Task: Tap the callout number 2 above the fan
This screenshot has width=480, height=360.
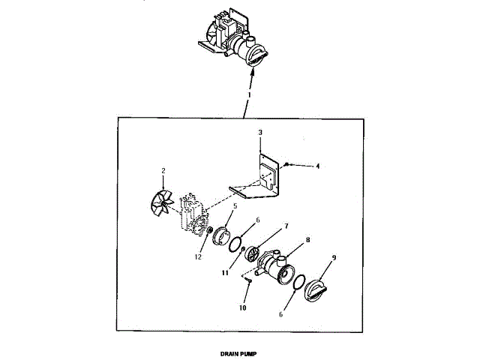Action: [163, 172]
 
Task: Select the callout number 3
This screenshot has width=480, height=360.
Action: [259, 133]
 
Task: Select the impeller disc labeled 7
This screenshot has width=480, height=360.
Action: [254, 253]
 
